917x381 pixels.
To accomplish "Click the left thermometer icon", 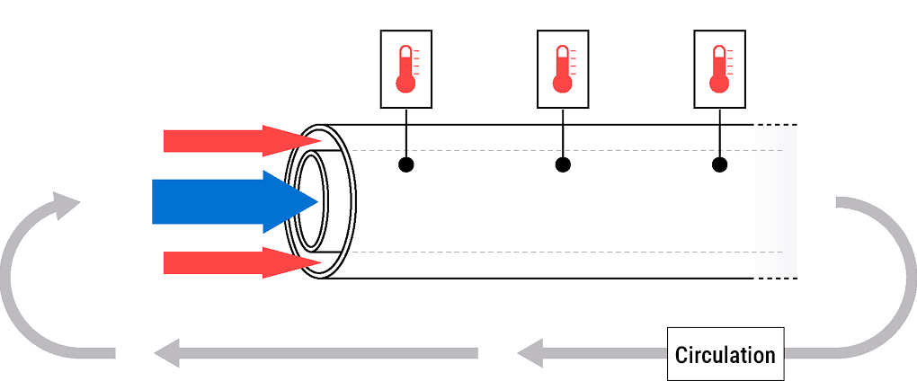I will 406,69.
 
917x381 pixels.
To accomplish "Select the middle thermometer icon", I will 563,69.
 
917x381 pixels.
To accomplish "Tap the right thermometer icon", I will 719,69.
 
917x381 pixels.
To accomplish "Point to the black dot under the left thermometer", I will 406,164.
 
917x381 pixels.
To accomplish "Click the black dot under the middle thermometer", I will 563,164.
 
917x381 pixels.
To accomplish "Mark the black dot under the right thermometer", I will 719,164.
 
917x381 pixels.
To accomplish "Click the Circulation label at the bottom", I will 725,354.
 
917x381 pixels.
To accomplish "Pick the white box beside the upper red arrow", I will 124,137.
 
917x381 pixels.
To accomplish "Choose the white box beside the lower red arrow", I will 124,261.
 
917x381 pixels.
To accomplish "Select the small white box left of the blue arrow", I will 117,202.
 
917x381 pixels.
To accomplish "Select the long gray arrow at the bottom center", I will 315,353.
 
